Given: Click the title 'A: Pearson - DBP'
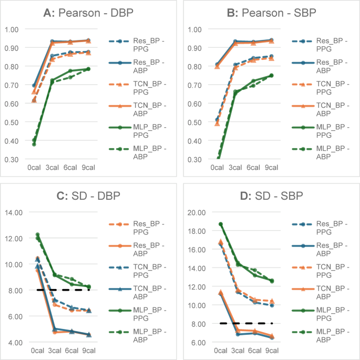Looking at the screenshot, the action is click(x=88, y=13).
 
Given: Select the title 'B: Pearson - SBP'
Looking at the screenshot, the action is click(x=271, y=13).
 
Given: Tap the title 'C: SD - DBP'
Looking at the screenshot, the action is click(x=88, y=196).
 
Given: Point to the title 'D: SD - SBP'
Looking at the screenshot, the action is click(x=271, y=196).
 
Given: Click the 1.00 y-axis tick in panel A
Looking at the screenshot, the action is click(x=12, y=29).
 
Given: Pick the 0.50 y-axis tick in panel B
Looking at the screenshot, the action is click(x=194, y=122).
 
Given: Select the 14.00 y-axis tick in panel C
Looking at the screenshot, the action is click(x=14, y=212).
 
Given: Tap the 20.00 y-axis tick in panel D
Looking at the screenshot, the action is click(x=197, y=212).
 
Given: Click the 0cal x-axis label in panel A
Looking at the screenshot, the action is click(x=34, y=167).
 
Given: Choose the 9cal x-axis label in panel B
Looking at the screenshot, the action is click(x=271, y=167).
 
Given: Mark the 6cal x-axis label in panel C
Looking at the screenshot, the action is click(x=71, y=351).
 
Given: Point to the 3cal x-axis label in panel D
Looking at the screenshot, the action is click(x=238, y=351).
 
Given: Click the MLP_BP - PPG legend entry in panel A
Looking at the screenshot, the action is click(x=137, y=131).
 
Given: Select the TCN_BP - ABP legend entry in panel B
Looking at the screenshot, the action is click(x=321, y=109).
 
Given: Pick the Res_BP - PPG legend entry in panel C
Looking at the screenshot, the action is click(x=137, y=228).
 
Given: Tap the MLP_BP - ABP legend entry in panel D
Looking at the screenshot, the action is click(x=321, y=335).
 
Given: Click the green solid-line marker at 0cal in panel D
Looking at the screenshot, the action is click(x=221, y=224).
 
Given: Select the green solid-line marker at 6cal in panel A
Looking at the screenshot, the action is click(x=70, y=71).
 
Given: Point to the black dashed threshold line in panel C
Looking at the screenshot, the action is click(x=63, y=290).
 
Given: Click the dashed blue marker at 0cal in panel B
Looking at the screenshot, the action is click(x=217, y=120).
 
